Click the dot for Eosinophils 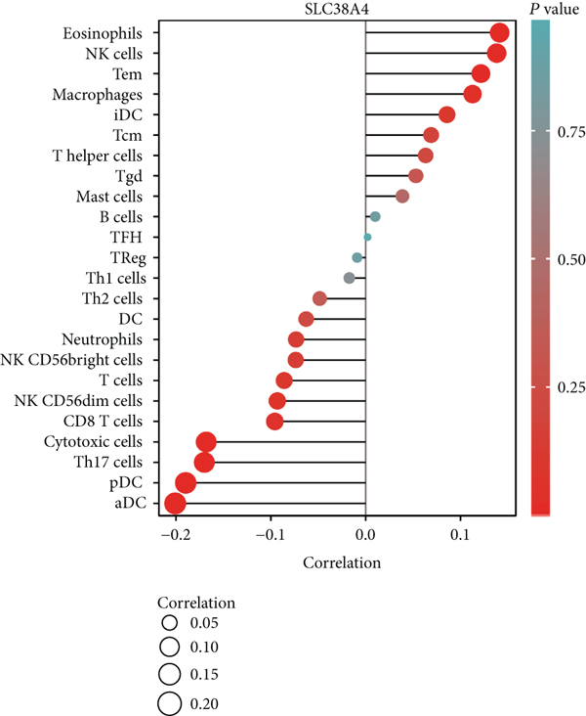500,33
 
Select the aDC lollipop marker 176,504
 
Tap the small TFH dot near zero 367,237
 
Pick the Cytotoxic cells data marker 206,442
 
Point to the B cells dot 375,216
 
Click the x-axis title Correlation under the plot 342,563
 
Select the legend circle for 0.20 169,702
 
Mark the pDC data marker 186,483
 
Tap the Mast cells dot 401,196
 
